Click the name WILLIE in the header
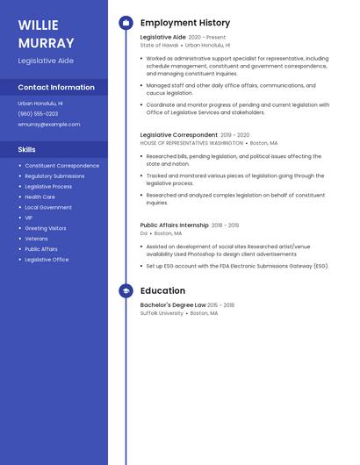(38, 24)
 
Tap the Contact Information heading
(56, 87)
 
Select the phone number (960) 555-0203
(38, 113)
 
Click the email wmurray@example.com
(48, 124)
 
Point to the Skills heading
(27, 149)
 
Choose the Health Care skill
(40, 197)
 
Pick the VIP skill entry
(29, 218)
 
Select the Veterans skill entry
(36, 239)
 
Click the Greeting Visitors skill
(46, 228)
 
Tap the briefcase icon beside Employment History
(126, 23)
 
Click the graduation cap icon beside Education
(126, 290)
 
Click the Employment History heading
(185, 23)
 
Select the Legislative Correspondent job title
(178, 135)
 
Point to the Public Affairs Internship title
(175, 225)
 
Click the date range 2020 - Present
(207, 38)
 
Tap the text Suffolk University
(162, 313)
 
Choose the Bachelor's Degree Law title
(173, 305)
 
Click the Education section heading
(162, 290)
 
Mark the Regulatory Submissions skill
(54, 175)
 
